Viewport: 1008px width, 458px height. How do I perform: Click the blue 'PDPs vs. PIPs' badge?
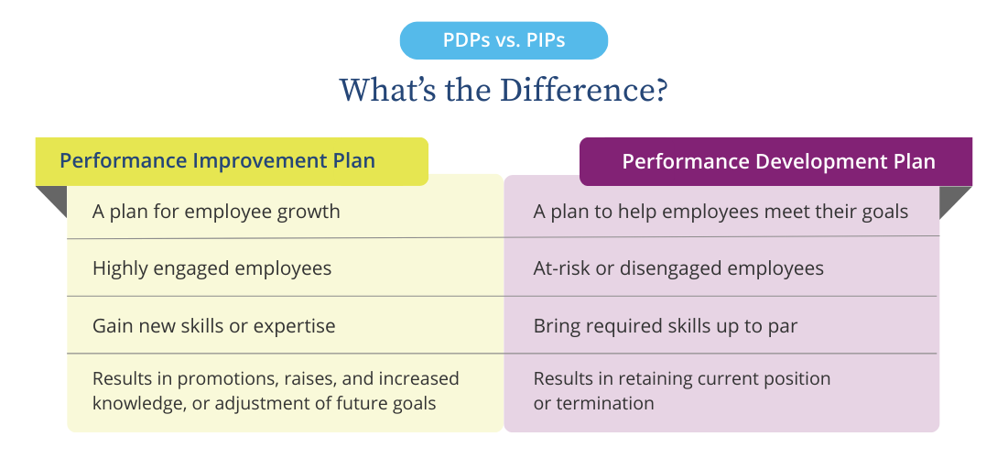click(504, 41)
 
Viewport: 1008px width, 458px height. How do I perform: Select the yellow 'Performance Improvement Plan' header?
click(232, 161)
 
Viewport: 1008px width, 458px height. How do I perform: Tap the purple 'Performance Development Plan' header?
click(776, 162)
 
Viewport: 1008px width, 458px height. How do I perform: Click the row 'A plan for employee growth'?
click(216, 212)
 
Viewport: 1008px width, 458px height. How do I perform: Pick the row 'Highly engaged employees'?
click(211, 268)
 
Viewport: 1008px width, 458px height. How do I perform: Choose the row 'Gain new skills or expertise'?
click(214, 325)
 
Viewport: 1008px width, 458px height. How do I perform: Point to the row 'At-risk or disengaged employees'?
click(678, 268)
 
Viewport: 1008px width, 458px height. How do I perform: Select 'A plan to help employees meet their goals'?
click(721, 212)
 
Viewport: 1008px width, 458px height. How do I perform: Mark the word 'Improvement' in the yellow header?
click(250, 161)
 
